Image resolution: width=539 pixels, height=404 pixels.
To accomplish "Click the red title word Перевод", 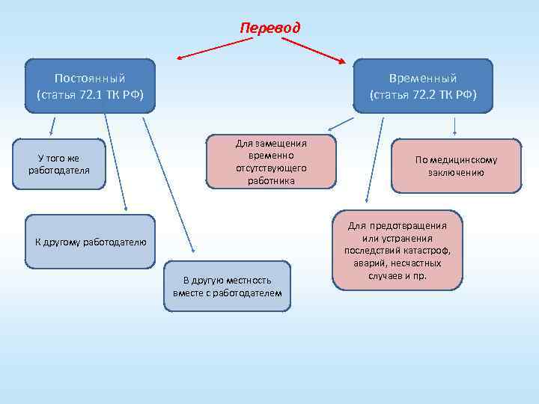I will point(269,28).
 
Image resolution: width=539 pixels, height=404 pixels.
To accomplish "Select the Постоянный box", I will point(90,85).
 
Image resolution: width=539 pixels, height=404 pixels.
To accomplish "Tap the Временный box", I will point(423,85).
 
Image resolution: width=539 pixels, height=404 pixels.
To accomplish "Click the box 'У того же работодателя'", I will point(59,164).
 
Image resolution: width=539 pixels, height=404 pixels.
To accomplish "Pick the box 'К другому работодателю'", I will point(91,242).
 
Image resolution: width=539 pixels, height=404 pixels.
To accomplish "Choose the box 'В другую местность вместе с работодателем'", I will point(227,286).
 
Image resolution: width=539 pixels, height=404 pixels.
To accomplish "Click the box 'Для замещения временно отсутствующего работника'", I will point(271,161).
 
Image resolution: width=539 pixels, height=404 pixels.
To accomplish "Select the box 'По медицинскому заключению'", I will point(456,165).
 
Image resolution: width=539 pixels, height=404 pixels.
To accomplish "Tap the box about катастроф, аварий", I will point(398,250).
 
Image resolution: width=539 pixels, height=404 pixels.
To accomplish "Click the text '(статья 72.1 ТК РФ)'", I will point(90,94).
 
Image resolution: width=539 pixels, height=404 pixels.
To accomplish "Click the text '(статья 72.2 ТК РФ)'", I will point(423,94).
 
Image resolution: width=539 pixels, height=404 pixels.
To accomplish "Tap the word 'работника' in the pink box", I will point(271,180).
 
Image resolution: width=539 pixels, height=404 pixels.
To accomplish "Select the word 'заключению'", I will point(456,172).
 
